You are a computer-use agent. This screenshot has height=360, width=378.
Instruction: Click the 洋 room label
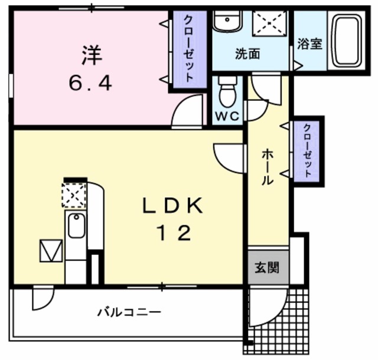point(92,56)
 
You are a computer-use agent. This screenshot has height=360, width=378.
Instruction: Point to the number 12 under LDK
point(173,234)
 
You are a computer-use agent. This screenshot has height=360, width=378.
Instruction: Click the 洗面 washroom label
point(247,54)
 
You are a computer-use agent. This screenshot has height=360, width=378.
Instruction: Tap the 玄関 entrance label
point(267,269)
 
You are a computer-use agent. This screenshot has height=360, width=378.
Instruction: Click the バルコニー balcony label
point(129,312)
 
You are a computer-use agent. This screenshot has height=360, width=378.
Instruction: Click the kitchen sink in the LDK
point(75,226)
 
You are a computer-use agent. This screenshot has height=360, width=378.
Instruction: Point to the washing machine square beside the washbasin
point(269,22)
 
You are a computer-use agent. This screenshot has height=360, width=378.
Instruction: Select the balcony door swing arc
point(41,299)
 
